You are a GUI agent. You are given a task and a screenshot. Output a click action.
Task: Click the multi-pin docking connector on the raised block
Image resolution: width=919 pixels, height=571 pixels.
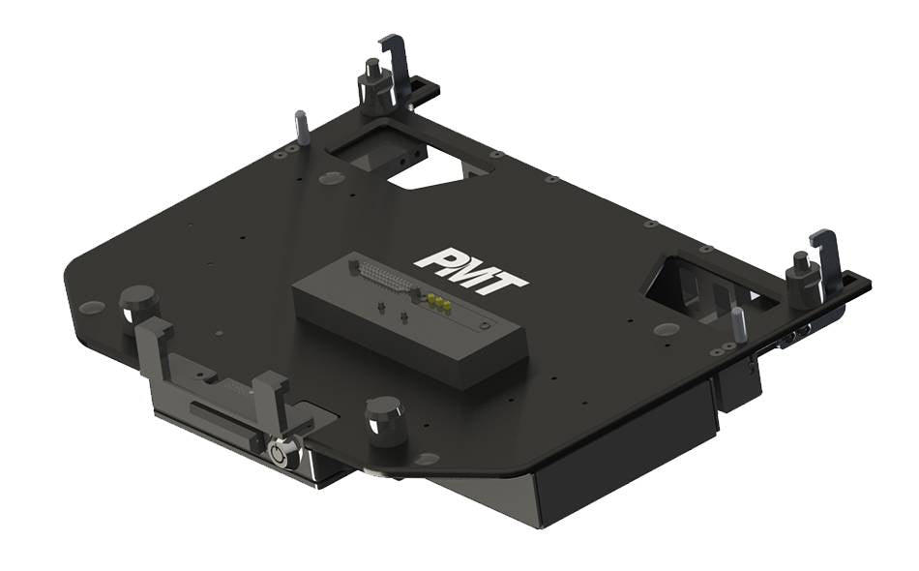(383, 280)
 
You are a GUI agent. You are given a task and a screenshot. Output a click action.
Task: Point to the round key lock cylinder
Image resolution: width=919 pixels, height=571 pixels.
(282, 453)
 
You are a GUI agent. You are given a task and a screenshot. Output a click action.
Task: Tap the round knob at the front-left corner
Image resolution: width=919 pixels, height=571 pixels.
(138, 304)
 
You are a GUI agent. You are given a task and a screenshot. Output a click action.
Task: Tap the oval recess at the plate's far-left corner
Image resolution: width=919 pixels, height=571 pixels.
(92, 307)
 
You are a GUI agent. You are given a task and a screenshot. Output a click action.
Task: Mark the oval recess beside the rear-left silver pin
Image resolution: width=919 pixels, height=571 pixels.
(330, 178)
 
